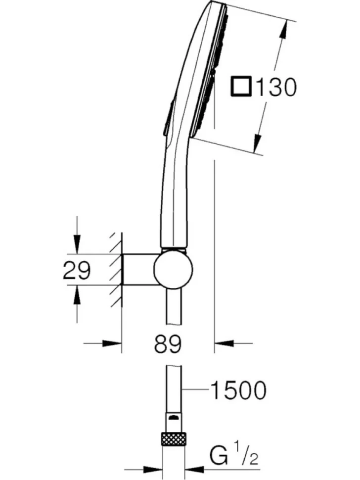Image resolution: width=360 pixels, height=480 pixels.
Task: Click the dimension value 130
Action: pos(276,87)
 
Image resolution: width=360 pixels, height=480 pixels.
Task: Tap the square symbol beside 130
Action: pos(241,87)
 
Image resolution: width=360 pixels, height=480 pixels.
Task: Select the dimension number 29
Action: pos(77,270)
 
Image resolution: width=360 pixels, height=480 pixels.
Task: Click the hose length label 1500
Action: pos(238,390)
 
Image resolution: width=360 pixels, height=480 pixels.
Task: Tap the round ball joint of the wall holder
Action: pos(173,269)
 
